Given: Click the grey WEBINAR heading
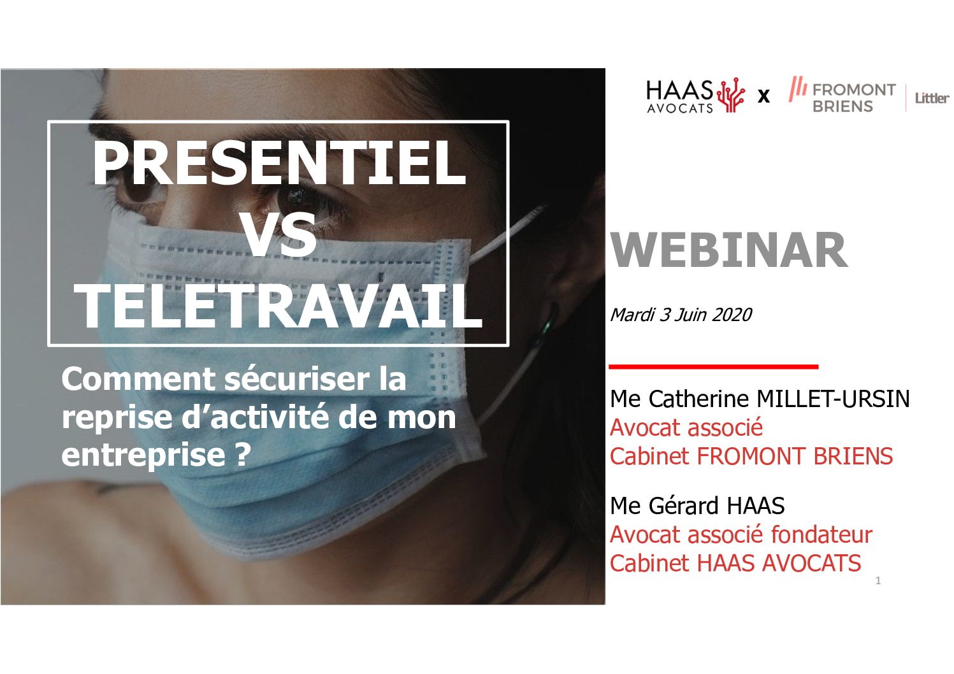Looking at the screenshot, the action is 728,250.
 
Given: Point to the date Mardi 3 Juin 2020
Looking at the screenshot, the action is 681,315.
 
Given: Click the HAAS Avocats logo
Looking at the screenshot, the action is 695,96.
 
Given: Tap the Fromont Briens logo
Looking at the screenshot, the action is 842,96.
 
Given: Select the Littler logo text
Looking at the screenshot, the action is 932,98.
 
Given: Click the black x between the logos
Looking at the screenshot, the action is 764,96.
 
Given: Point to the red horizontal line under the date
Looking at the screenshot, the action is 713,366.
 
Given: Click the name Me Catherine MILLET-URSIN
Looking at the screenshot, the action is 760,399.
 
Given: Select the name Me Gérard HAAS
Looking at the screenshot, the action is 697,506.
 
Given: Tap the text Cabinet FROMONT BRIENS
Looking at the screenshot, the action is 751,456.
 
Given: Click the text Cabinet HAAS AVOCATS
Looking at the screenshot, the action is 735,563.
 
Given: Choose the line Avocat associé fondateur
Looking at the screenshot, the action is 741,534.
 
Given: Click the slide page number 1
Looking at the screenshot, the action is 878,580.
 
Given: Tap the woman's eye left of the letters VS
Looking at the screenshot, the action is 141,192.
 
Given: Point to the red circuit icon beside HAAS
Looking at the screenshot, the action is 731,94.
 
